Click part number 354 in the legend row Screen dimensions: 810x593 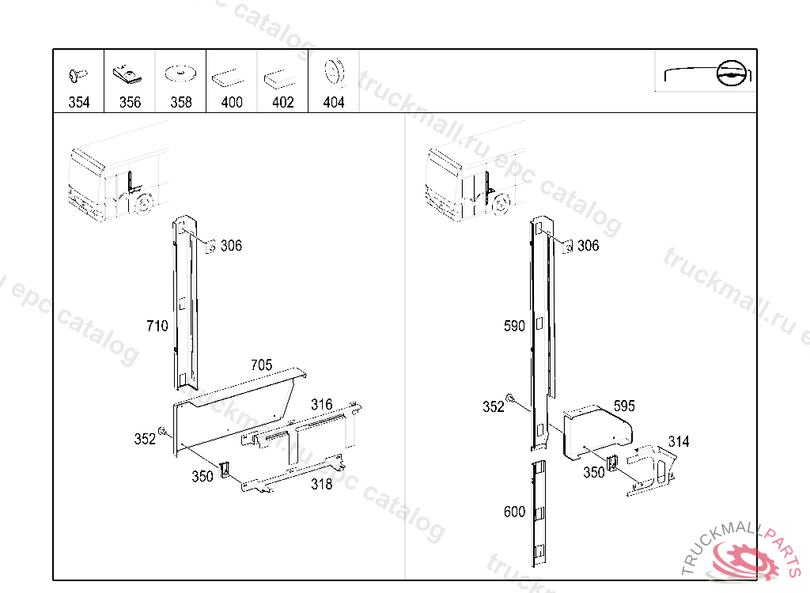tap(79, 102)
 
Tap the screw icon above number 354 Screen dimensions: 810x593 tap(78, 75)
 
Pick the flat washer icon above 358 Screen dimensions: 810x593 tap(180, 74)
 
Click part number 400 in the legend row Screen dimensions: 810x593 tap(232, 102)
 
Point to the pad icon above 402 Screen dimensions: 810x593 tap(280, 79)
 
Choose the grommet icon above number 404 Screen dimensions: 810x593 tap(334, 72)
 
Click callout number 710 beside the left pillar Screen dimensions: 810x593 tap(157, 326)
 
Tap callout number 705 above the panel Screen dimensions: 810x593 tap(261, 365)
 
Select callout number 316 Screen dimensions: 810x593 tap(321, 405)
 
